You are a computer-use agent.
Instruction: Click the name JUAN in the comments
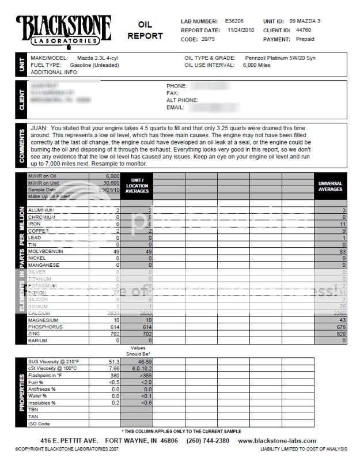tap(40, 128)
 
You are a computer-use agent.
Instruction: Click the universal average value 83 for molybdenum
tap(343, 252)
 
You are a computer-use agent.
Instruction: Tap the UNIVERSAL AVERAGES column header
tap(330, 187)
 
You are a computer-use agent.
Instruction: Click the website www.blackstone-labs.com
tap(289, 441)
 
